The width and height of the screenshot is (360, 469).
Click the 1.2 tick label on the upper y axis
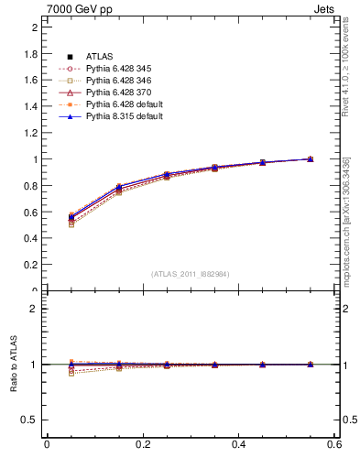[30, 133]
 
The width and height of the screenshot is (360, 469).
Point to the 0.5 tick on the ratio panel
[30, 420]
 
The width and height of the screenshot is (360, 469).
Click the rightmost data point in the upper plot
[310, 158]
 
